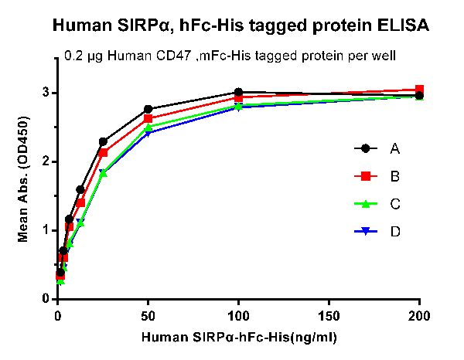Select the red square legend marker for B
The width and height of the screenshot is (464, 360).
tap(360, 176)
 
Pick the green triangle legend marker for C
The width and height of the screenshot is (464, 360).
tap(360, 204)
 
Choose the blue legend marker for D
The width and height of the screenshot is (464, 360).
tap(360, 232)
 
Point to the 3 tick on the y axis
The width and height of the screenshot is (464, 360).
tap(46, 93)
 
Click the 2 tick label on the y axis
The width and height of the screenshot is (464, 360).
tap(46, 161)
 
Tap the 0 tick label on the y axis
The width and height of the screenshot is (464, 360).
tap(46, 299)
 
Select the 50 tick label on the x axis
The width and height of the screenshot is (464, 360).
tap(148, 316)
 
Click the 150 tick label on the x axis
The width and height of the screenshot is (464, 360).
tap(329, 316)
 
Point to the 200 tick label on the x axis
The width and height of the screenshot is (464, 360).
tap(419, 316)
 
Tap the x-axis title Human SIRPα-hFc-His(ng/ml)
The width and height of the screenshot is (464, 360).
tap(240, 338)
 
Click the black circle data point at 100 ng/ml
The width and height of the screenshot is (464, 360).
tap(238, 93)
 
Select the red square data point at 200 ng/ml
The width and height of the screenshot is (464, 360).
tap(419, 90)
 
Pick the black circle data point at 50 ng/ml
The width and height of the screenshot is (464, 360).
tap(148, 110)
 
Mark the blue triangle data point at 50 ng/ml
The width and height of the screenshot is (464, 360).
tap(148, 133)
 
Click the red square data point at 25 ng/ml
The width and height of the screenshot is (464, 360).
tap(103, 153)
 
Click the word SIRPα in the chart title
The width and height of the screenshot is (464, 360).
tap(143, 25)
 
